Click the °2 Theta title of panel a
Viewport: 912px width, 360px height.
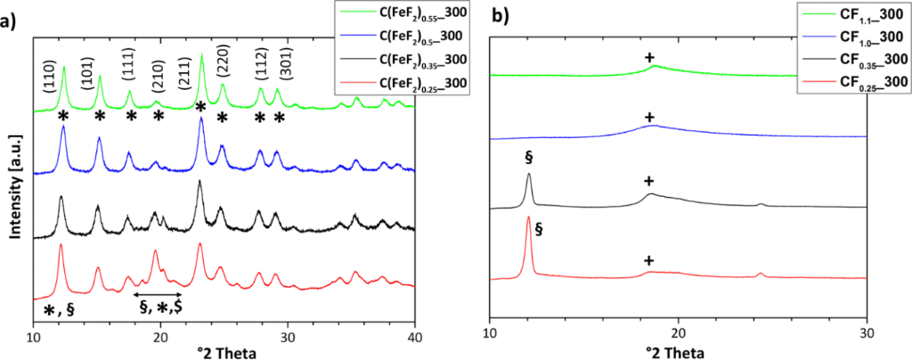pos(225,353)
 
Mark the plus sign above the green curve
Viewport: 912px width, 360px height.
pos(649,58)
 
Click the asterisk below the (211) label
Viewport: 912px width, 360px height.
pos(201,108)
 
